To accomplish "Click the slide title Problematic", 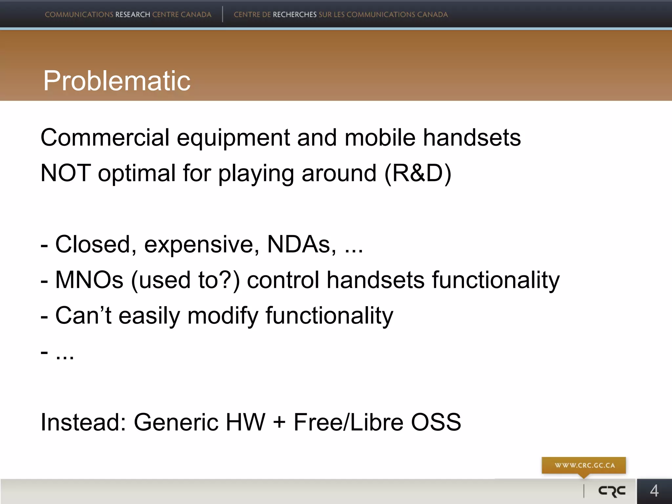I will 116,81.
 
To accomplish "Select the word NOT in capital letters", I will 65,173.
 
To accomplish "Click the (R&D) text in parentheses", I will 418,173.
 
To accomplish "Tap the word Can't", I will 83,315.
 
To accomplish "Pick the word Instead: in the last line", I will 83,422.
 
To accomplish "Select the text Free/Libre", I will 348,422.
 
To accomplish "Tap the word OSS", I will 436,422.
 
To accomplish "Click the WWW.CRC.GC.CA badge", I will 584,465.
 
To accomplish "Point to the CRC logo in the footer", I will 612,491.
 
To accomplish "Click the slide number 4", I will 654,491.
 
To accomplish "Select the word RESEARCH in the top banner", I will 133,14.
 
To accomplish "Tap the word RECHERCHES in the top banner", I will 295,14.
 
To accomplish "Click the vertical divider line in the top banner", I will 222,14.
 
